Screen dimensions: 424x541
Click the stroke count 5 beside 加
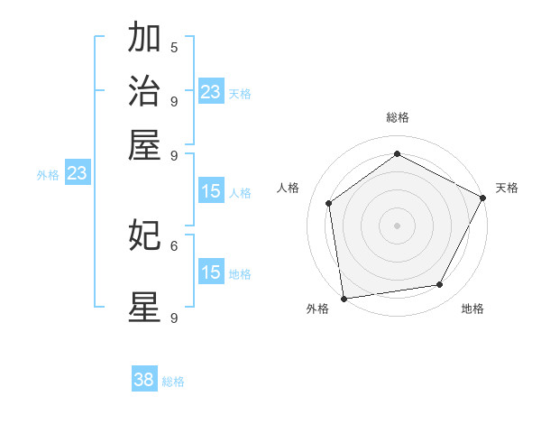pyautogui.click(x=174, y=47)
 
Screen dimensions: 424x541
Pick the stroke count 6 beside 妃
pyautogui.click(x=174, y=244)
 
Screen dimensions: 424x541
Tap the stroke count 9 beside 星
pyautogui.click(x=174, y=318)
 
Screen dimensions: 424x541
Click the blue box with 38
pyautogui.click(x=144, y=380)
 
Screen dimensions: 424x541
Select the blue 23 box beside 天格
pyautogui.click(x=210, y=92)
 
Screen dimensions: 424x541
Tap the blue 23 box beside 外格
pyautogui.click(x=77, y=173)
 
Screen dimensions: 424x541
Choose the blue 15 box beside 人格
pyautogui.click(x=210, y=191)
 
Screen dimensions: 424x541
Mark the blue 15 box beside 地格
pyautogui.click(x=210, y=273)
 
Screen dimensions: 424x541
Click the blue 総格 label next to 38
pyautogui.click(x=173, y=382)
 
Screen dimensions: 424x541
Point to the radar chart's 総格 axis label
pyautogui.click(x=398, y=117)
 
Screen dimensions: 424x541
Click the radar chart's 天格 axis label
pyautogui.click(x=507, y=188)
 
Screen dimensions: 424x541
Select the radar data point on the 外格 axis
pyautogui.click(x=344, y=298)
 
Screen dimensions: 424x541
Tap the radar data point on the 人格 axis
pyautogui.click(x=329, y=203)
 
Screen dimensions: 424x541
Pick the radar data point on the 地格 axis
pyautogui.click(x=440, y=284)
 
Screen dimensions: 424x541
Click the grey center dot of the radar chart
pyautogui.click(x=397, y=225)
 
